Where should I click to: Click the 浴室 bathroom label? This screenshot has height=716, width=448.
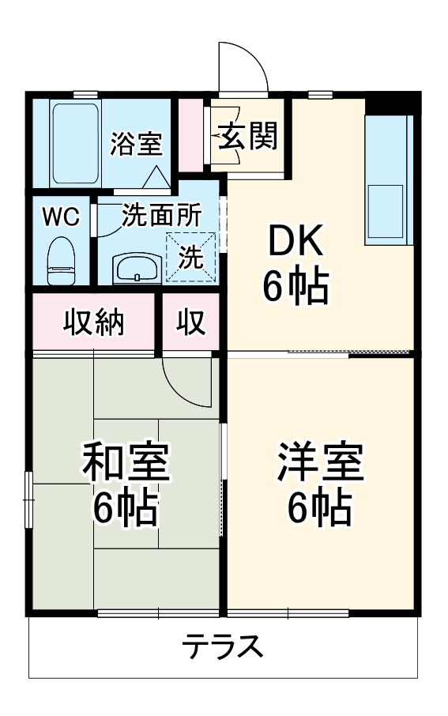(x=136, y=143)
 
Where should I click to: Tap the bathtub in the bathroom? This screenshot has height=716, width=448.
(x=75, y=143)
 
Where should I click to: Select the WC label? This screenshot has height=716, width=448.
(x=61, y=217)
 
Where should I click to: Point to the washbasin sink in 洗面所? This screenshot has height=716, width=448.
(x=137, y=269)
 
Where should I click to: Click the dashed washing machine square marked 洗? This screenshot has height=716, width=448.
(x=190, y=257)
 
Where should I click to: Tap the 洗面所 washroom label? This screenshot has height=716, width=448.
(x=161, y=216)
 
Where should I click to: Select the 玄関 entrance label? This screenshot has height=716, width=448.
(x=247, y=136)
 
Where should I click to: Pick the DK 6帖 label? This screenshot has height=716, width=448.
(x=296, y=263)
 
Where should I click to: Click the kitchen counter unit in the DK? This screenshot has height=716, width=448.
(x=389, y=180)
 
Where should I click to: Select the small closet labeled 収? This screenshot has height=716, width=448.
(x=191, y=322)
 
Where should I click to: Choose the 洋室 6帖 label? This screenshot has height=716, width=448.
(x=320, y=483)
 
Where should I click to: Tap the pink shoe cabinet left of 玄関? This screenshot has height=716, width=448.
(x=190, y=135)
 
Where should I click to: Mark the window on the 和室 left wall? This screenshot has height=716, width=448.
(x=29, y=500)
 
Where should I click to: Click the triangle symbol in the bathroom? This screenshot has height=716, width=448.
(x=156, y=177)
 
